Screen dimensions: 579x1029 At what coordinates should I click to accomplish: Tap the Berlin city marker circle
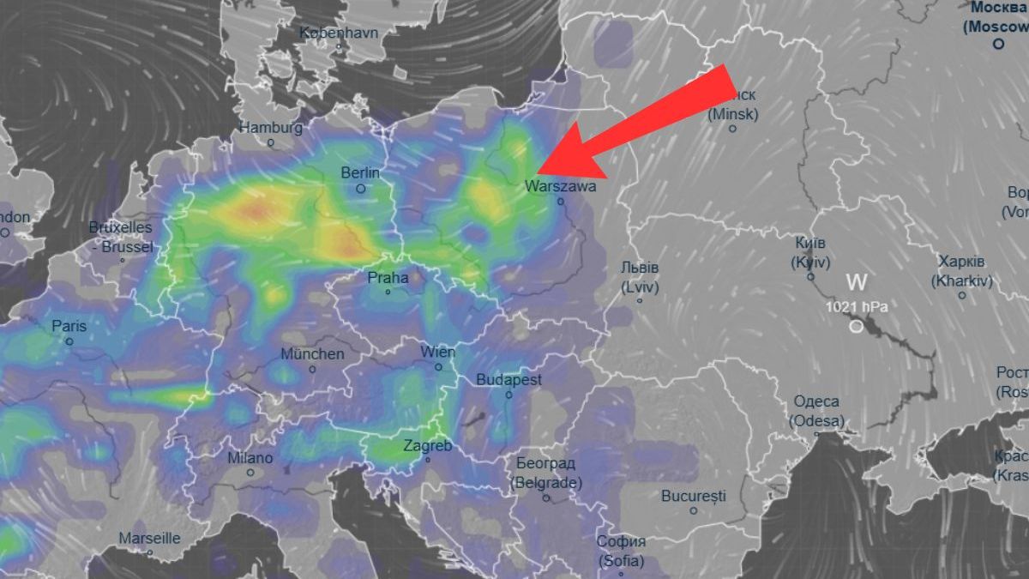(361, 189)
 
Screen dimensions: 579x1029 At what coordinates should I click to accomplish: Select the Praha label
(388, 278)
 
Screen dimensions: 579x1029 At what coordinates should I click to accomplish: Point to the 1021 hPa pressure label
(856, 306)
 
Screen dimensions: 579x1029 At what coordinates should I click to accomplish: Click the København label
(338, 33)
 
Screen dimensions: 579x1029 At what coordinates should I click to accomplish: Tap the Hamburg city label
(270, 128)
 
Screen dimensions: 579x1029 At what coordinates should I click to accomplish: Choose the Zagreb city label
(427, 446)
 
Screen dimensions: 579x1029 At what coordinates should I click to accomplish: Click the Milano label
(250, 458)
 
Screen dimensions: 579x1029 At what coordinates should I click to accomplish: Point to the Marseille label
(149, 539)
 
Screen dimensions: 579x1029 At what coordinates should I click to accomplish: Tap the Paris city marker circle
(69, 341)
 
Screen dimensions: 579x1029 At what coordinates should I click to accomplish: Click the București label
(694, 496)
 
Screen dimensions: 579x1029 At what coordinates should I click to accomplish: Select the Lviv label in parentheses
(639, 288)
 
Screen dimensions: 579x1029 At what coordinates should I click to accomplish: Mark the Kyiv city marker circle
(810, 277)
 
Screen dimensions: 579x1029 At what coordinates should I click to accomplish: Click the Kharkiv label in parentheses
(962, 280)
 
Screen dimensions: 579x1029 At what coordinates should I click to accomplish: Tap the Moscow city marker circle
(998, 44)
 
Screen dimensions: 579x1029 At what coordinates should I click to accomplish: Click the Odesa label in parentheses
(816, 421)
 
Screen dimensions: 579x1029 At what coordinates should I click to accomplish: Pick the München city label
(312, 354)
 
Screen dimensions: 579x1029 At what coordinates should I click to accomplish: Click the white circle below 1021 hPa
(856, 327)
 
